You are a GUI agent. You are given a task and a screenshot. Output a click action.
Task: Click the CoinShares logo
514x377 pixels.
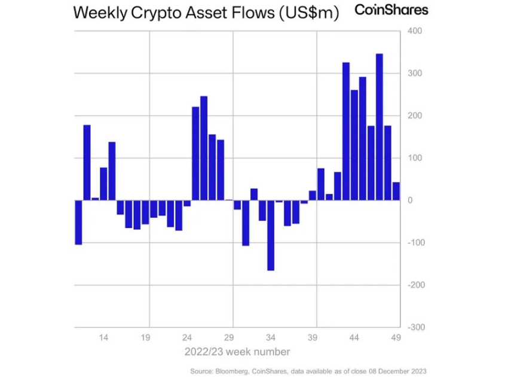point(391,10)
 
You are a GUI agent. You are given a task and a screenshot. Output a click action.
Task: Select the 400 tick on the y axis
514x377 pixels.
point(414,31)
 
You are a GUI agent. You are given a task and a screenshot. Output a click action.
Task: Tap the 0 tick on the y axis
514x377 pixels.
point(410,200)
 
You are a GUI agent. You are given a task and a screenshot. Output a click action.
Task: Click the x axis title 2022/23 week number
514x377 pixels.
point(237,352)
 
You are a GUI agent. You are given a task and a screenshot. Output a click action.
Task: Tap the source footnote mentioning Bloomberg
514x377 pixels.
point(308,371)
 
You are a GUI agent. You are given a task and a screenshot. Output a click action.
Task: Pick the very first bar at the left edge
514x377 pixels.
point(78,222)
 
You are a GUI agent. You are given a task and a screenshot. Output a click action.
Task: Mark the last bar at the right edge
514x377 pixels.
point(396,191)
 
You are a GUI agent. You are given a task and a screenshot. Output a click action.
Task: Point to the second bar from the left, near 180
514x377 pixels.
point(87,162)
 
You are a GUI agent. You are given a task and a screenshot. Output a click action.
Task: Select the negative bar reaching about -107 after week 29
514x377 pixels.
point(246,223)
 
